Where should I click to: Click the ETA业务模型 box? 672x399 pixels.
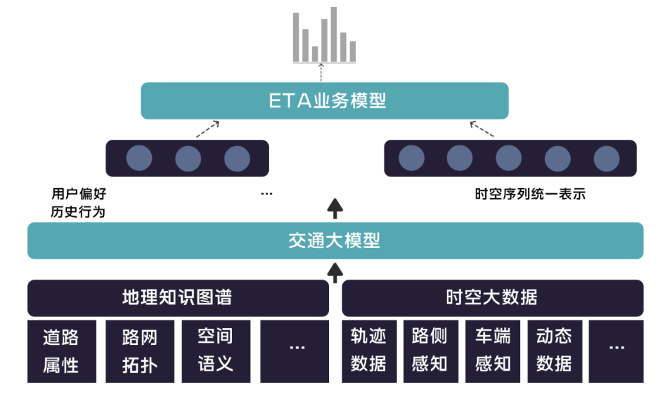(324, 101)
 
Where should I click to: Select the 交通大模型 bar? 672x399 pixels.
(335, 241)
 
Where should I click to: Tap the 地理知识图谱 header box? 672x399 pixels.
(177, 298)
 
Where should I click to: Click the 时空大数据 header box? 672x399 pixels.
(492, 298)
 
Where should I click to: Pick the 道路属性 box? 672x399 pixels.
(62, 351)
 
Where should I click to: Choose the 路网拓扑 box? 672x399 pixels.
(140, 351)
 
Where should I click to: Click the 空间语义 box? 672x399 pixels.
(216, 351)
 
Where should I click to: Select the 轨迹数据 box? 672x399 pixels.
(368, 351)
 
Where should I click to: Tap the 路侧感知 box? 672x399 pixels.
(430, 351)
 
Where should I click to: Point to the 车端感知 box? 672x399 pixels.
(492, 351)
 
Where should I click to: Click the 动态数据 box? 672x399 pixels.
(554, 351)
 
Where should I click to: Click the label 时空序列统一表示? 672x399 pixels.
(530, 194)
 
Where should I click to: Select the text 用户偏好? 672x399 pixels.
(78, 194)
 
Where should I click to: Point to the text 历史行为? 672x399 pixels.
(78, 212)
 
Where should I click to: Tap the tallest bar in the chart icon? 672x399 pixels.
(334, 34)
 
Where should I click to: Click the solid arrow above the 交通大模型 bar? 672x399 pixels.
(335, 208)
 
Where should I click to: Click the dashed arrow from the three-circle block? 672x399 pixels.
(208, 129)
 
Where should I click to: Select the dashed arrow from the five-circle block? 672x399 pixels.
(482, 129)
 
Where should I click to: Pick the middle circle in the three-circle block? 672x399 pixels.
(188, 158)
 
